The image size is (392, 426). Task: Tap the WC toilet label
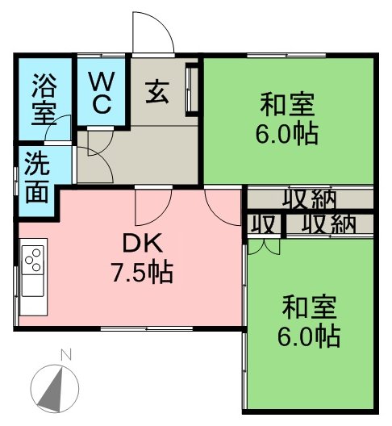point(102,92)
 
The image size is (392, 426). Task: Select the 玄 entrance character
point(157,92)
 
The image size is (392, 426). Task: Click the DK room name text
point(143,243)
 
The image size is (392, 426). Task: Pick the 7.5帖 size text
point(142,272)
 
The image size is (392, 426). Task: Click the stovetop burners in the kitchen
point(33,260)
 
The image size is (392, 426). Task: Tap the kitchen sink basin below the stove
point(32,286)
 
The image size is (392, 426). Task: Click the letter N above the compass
point(66,355)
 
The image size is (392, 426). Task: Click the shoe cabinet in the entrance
point(192,90)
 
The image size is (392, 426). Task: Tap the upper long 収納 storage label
point(310,199)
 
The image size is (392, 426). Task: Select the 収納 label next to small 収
point(328,224)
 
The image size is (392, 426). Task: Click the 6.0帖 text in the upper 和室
point(287,134)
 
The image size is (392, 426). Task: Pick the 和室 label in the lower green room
point(310,308)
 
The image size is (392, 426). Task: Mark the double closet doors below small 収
point(264,247)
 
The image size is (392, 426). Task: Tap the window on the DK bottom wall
point(147,328)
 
